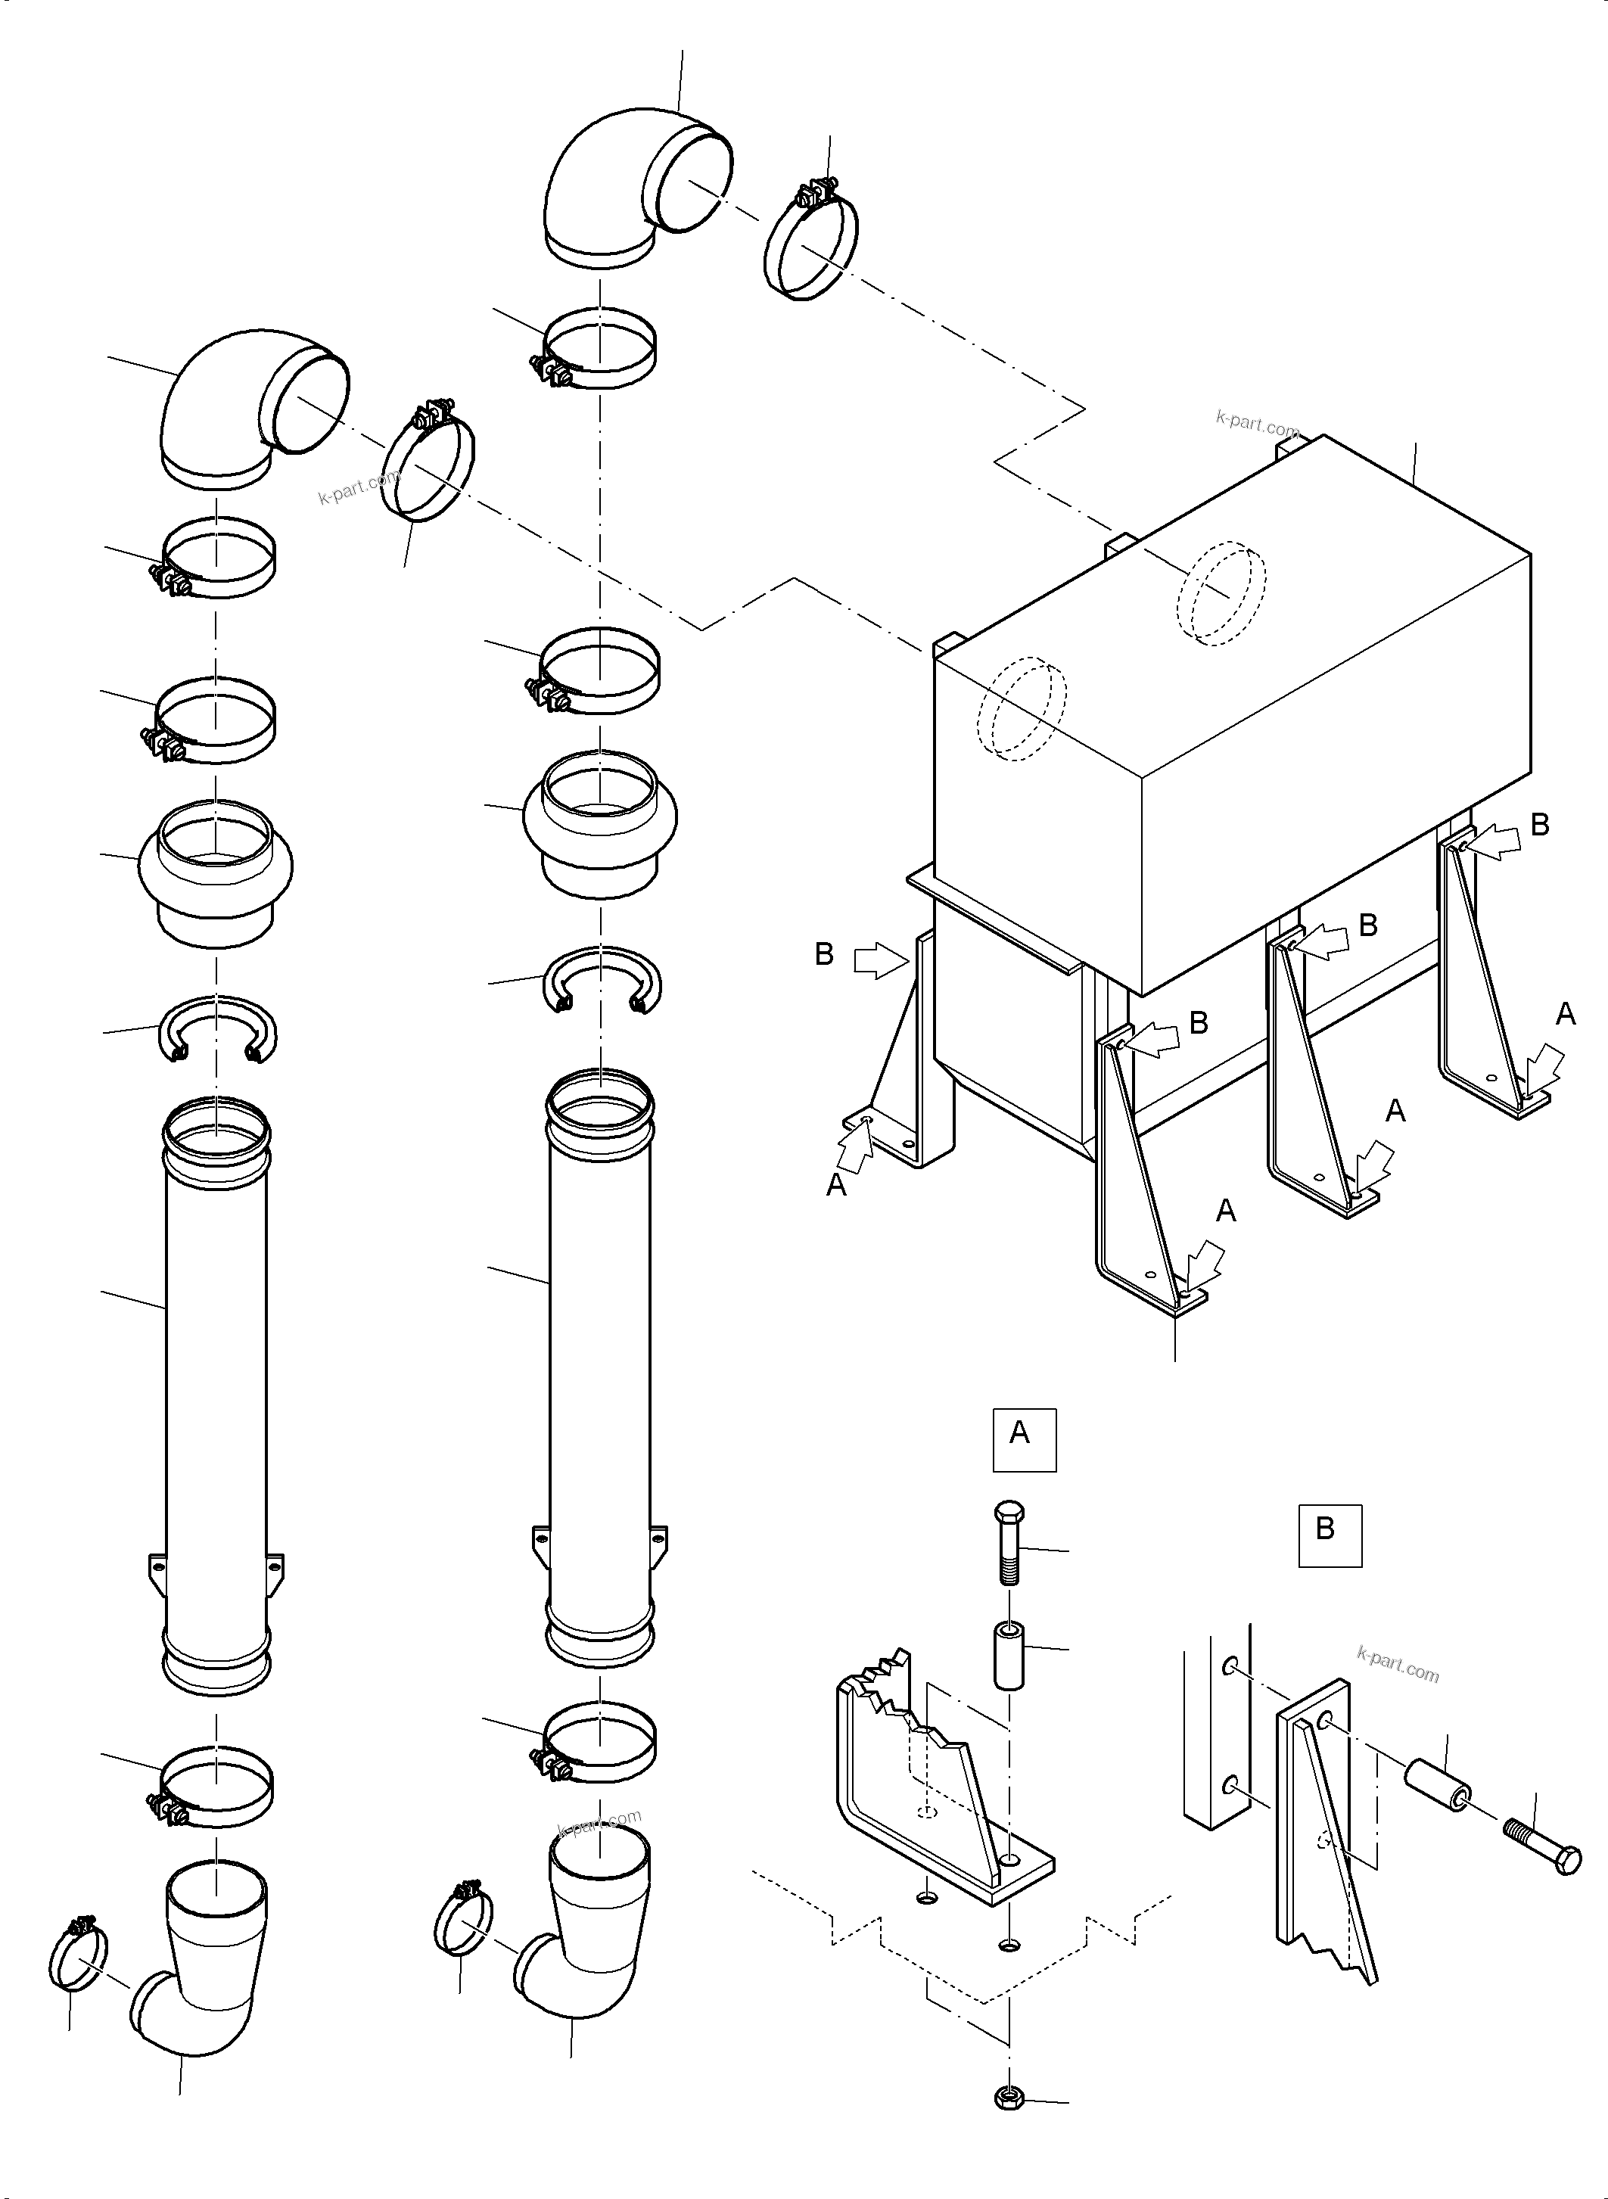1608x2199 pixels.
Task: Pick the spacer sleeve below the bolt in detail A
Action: coord(1009,1654)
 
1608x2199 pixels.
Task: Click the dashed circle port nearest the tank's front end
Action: coord(1022,708)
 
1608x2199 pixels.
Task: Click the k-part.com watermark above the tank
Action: coord(1257,424)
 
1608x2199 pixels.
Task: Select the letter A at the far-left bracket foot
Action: coord(836,1186)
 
